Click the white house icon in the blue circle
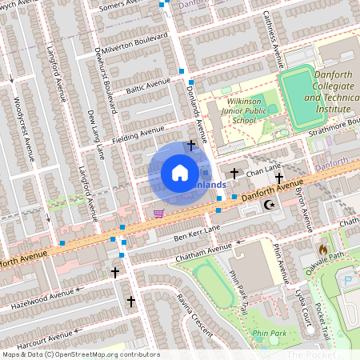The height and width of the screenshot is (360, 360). coord(180,172)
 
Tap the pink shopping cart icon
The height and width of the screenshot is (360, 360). coord(158,213)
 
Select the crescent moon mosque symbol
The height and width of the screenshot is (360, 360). coord(269,206)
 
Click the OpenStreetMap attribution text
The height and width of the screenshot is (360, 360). coord(80,354)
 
